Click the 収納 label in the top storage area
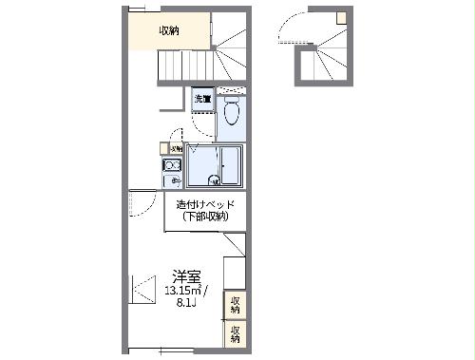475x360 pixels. (x=169, y=30)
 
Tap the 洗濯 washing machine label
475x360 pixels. (x=203, y=98)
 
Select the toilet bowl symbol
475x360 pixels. (x=230, y=115)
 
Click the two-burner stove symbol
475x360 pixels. (x=173, y=164)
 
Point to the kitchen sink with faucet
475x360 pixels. (x=173, y=180)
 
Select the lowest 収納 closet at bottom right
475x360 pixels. (x=235, y=333)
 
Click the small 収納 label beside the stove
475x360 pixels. (x=177, y=149)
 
